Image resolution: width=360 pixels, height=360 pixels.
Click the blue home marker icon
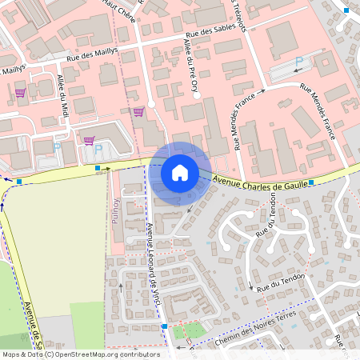pos(180,173)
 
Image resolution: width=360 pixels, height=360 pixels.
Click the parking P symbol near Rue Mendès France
pos(299,62)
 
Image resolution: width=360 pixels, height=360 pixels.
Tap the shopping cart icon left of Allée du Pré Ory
pos(138,111)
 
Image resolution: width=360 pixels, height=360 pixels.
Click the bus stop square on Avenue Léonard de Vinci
pos(164,326)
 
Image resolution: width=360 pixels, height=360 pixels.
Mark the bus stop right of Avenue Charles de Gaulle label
pos(311,182)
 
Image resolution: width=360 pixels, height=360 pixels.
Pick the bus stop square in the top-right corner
pos(346,10)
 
